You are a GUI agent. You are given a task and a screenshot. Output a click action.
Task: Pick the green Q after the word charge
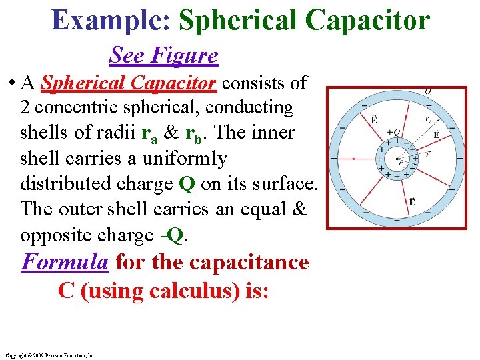pos(187,183)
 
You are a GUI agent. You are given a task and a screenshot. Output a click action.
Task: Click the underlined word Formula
pos(65,261)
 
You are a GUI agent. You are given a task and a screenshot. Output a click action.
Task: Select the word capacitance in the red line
pos(249,261)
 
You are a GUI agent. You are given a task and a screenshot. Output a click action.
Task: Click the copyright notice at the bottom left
pos(51,355)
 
